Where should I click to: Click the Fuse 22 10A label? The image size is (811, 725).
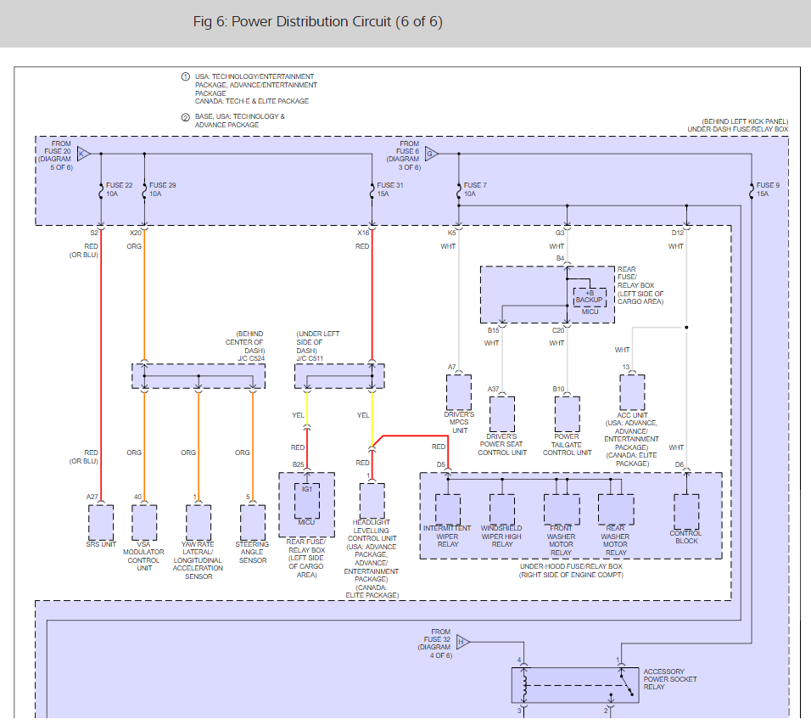point(119,189)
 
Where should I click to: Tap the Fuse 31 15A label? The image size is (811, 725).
point(390,189)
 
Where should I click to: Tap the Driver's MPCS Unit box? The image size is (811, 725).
point(459,392)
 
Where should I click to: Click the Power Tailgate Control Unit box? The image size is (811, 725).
point(567,414)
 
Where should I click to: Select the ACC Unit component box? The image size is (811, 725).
point(632,392)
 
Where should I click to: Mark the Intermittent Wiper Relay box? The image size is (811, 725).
point(447,510)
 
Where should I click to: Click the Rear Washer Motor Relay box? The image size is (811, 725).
point(615,510)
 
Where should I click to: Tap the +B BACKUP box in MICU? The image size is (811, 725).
point(589,296)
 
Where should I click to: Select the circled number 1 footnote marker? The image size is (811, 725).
point(186,76)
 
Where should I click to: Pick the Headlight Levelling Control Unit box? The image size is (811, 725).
point(372,501)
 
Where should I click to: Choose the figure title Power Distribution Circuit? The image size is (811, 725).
point(318,21)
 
